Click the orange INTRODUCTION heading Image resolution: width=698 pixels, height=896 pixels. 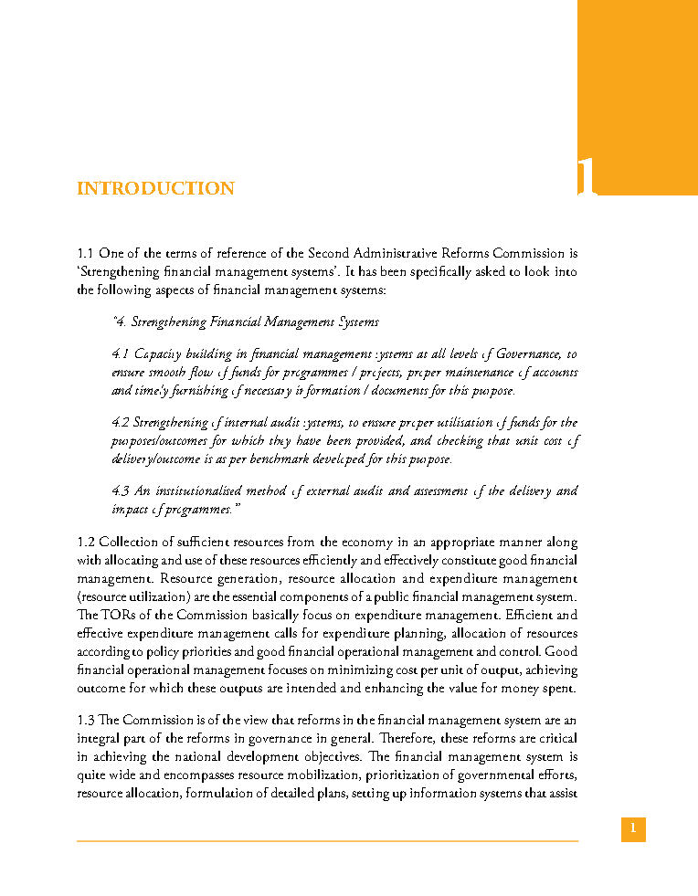coord(155,189)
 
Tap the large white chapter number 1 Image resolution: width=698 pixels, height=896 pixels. coord(587,177)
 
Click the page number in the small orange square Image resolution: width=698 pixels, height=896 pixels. coord(633,829)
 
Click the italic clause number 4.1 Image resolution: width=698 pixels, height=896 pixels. coord(120,353)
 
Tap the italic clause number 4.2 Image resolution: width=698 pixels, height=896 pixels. coord(120,422)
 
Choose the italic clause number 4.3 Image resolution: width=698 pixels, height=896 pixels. coord(120,490)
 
